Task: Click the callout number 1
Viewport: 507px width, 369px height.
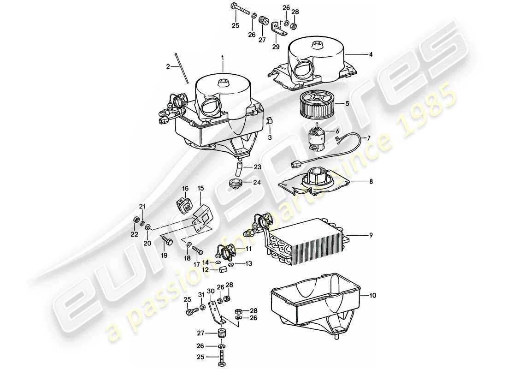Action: pos(222,58)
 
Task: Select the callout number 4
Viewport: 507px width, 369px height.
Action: pos(371,54)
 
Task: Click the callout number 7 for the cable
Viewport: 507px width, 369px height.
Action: pos(369,138)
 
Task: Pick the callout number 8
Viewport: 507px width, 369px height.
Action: pos(371,182)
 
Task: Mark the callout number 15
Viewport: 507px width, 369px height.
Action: pos(200,188)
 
